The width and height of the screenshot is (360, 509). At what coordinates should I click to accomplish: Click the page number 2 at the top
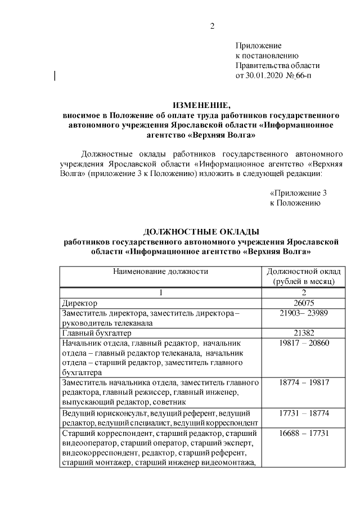pyautogui.click(x=211, y=26)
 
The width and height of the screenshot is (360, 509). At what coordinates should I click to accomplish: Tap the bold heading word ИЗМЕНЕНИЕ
pyautogui.click(x=202, y=105)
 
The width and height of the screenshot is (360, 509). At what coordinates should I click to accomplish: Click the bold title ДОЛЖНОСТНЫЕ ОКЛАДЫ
pyautogui.click(x=201, y=232)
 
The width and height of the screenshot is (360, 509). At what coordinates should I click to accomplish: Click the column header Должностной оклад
pyautogui.click(x=304, y=271)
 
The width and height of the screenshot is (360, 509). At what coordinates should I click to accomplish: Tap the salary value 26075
pyautogui.click(x=304, y=303)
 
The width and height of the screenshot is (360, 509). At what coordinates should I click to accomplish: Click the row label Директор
pyautogui.click(x=80, y=303)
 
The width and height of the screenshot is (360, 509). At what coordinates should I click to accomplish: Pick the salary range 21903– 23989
pyautogui.click(x=304, y=313)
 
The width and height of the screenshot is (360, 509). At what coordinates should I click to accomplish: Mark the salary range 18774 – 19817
pyautogui.click(x=304, y=383)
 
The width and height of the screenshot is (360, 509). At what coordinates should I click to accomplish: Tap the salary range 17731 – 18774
pyautogui.click(x=304, y=413)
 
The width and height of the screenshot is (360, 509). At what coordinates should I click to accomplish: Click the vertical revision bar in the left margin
pyautogui.click(x=55, y=75)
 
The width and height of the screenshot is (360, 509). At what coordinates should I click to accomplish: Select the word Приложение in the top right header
pyautogui.click(x=258, y=45)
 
